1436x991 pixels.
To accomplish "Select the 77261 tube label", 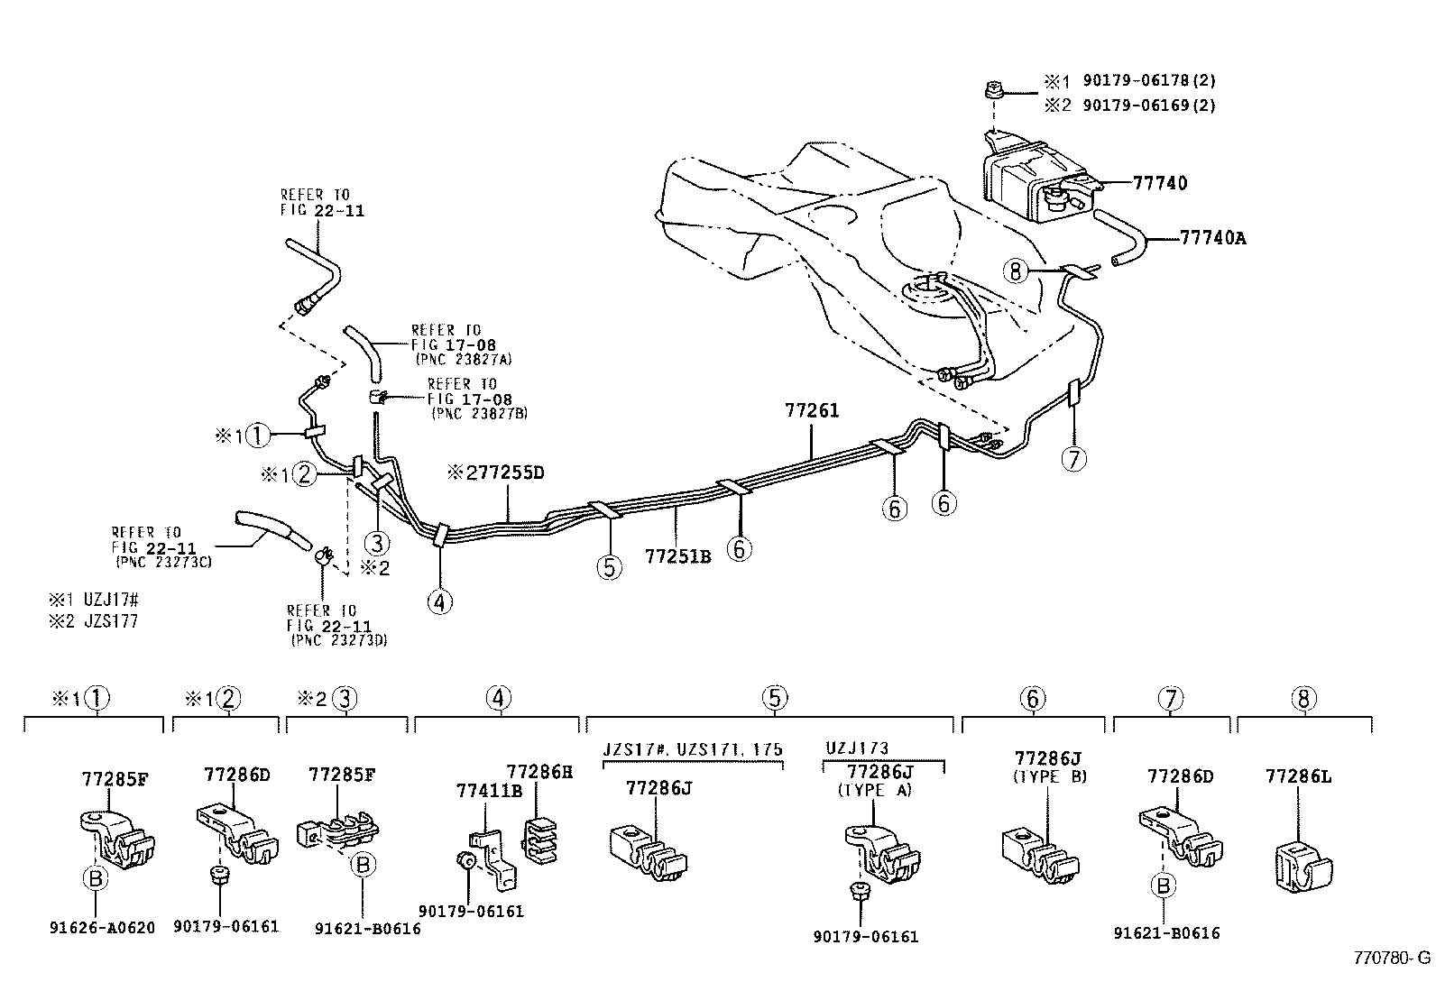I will (x=812, y=411).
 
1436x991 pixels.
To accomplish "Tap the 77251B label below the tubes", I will (x=677, y=557).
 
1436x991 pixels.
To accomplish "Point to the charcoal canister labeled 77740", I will (x=1028, y=180).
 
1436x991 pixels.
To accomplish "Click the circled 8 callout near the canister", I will (x=1016, y=271).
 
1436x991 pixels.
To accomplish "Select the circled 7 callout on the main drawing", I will (x=1072, y=459).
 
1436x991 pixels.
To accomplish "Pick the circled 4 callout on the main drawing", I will (x=440, y=601).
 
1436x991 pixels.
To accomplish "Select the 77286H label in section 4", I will (x=539, y=772).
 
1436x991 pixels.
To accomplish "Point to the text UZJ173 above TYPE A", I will (x=857, y=748).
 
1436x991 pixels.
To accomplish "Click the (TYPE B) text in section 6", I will (x=1050, y=775).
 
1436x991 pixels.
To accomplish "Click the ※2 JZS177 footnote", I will (x=94, y=621).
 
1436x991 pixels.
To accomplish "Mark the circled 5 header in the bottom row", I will (x=773, y=698).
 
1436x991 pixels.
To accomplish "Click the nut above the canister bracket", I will (x=990, y=91).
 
